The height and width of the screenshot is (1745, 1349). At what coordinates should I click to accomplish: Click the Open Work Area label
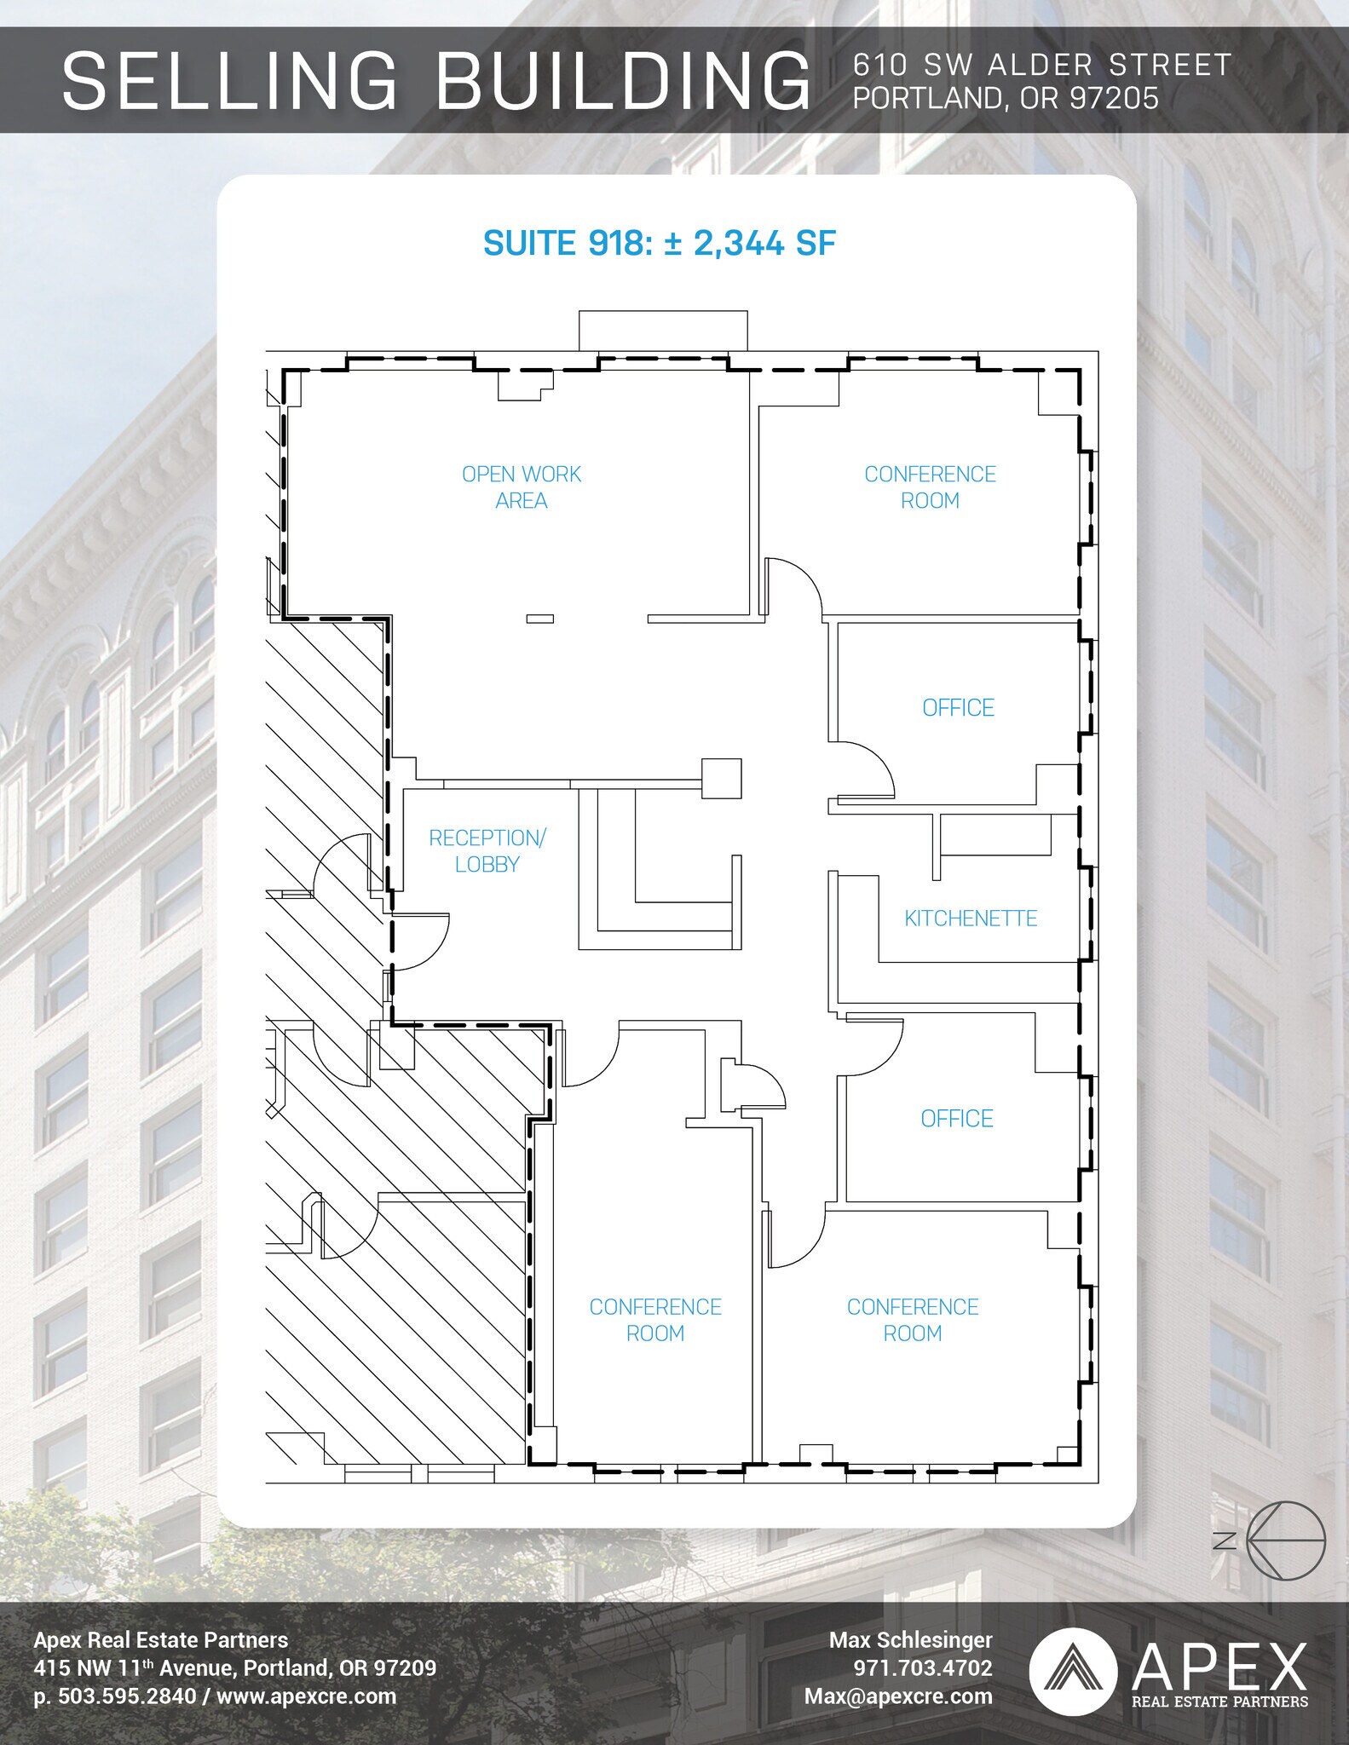pyautogui.click(x=522, y=487)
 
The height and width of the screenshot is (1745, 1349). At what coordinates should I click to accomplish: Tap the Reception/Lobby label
pyautogui.click(x=487, y=851)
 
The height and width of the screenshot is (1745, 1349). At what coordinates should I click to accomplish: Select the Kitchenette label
pyautogui.click(x=971, y=919)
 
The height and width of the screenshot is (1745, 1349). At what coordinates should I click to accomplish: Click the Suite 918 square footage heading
pyautogui.click(x=660, y=244)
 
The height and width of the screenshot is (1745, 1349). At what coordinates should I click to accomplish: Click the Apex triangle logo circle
pyautogui.click(x=1073, y=1672)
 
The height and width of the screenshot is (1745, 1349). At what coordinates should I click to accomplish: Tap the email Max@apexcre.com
pyautogui.click(x=898, y=1696)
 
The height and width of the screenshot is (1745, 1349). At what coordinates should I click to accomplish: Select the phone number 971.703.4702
pyautogui.click(x=923, y=1668)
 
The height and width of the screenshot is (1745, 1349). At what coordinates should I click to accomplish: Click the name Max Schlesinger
pyautogui.click(x=911, y=1640)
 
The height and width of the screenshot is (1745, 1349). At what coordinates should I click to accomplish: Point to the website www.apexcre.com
pyautogui.click(x=307, y=1696)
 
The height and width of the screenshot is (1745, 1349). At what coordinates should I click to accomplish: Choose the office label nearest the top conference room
pyautogui.click(x=958, y=708)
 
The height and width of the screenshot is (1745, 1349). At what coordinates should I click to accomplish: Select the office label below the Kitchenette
pyautogui.click(x=957, y=1119)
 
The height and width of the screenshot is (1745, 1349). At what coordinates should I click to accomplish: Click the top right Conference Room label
pyautogui.click(x=930, y=487)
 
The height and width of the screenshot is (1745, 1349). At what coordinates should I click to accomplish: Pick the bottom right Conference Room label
pyautogui.click(x=913, y=1320)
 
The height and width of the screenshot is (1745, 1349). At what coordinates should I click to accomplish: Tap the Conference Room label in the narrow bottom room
pyautogui.click(x=655, y=1320)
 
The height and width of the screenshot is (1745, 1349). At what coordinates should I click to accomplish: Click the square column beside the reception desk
pyautogui.click(x=721, y=778)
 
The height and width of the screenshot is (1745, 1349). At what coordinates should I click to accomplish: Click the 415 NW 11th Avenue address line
pyautogui.click(x=235, y=1668)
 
